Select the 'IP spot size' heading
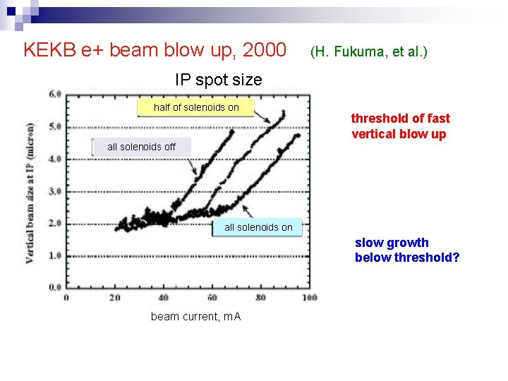218,80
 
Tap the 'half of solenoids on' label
196,107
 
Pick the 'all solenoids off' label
141,147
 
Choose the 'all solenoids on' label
258,227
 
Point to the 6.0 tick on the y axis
54,94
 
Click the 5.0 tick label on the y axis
54,127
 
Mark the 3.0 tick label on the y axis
54,191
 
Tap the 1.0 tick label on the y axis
54,255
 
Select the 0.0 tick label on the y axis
54,288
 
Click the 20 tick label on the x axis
115,298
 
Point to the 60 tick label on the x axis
212,298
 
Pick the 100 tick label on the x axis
309,298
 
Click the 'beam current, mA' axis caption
195,317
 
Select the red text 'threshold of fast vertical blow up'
400,126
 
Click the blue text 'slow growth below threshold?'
407,250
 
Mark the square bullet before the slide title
11,49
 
